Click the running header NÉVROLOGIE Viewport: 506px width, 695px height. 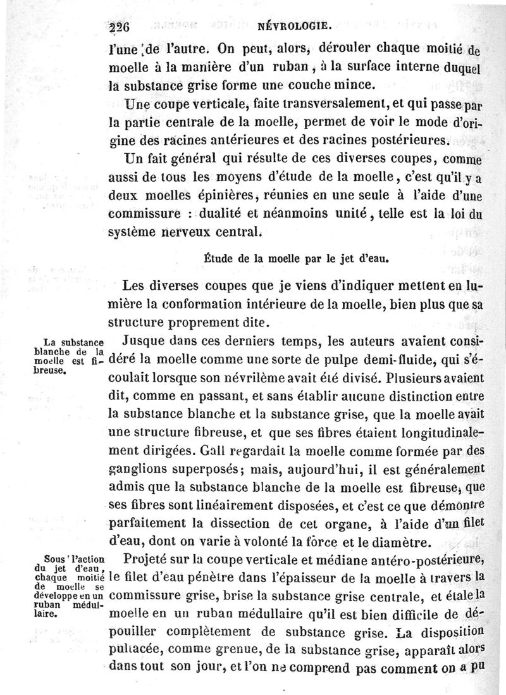point(295,26)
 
